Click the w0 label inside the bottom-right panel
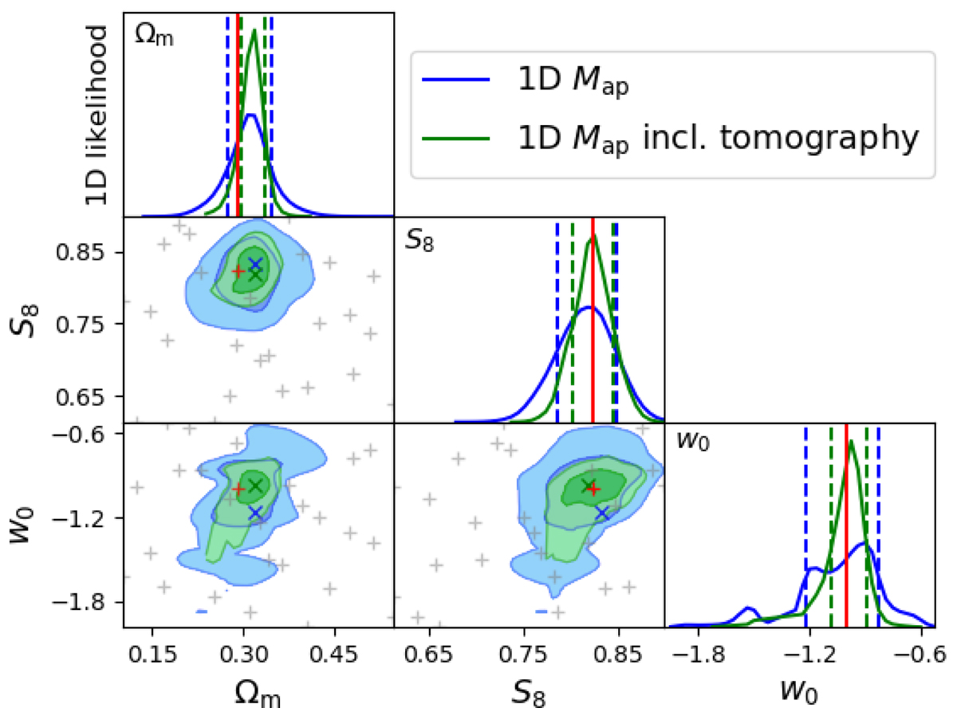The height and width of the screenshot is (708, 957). click(x=691, y=441)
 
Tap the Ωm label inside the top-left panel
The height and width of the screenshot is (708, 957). click(x=152, y=35)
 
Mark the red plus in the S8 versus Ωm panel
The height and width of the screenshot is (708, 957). click(x=238, y=270)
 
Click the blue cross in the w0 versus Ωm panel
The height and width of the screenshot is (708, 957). click(x=255, y=513)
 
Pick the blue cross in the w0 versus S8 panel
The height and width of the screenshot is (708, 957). click(x=602, y=513)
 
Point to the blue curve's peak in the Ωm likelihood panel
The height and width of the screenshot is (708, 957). click(x=251, y=116)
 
